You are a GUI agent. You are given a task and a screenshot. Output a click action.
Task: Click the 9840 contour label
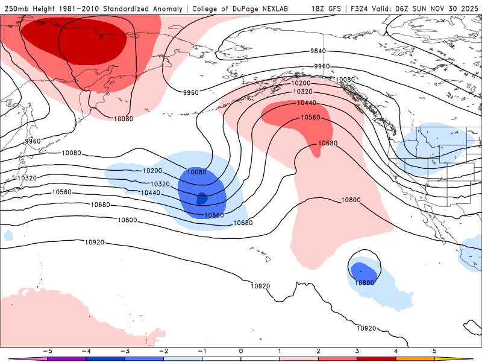tap(318, 51)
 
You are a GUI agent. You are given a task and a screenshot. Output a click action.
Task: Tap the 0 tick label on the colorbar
tap(241, 350)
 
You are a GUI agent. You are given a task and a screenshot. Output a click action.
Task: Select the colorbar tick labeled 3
tap(357, 350)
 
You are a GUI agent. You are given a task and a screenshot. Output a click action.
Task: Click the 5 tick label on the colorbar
tap(434, 350)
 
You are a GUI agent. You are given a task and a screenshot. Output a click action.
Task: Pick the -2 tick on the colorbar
tap(163, 350)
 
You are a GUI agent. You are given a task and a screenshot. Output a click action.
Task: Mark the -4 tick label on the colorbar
tap(86, 350)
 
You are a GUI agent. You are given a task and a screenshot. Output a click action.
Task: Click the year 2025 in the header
tap(467, 8)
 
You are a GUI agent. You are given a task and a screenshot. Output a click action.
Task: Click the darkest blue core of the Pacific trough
tap(202, 197)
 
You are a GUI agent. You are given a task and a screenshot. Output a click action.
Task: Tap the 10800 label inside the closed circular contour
tap(364, 282)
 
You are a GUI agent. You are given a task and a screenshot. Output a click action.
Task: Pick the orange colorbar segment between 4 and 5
tap(415, 358)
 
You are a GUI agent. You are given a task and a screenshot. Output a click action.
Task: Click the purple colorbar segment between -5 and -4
tap(66, 358)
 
